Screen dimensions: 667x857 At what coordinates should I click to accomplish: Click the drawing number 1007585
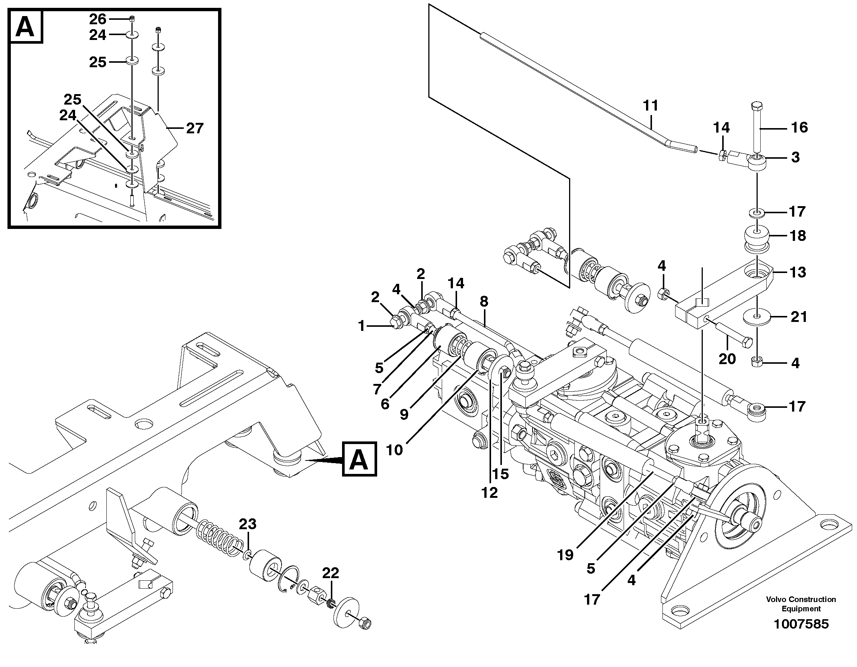coord(801,624)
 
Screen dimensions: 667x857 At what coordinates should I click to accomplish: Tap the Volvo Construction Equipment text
coord(801,604)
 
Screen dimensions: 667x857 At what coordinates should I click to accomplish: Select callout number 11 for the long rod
coord(650,106)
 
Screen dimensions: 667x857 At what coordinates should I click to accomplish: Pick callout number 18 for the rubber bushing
coord(797,235)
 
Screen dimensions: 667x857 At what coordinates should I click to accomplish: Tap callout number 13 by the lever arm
coord(797,272)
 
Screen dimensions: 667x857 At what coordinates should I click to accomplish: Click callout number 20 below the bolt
coord(727,359)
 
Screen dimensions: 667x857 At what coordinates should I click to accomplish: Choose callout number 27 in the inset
coord(195,128)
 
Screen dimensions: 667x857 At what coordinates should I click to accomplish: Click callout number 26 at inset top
coord(97,19)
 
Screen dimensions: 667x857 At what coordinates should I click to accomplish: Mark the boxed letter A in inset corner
coord(26,26)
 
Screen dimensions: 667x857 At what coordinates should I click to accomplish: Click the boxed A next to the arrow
coord(359,459)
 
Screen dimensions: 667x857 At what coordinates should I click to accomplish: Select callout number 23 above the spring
coord(248,524)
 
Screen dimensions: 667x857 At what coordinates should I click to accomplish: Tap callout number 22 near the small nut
coord(330,573)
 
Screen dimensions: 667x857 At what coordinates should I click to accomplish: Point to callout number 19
coord(565,555)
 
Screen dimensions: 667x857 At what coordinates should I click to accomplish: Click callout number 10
coord(394,450)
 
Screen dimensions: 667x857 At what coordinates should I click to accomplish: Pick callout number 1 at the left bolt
coord(362,326)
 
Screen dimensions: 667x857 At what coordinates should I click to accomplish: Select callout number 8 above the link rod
coord(484,301)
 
